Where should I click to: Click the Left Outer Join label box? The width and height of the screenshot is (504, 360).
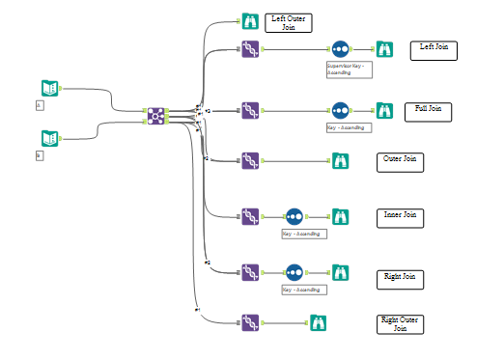[x=289, y=23]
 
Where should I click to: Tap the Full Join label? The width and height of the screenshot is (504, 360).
[x=428, y=110]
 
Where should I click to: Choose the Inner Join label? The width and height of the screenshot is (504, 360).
[x=400, y=217]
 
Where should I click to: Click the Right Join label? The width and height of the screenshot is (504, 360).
[x=400, y=279]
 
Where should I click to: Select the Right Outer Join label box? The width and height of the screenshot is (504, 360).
[x=400, y=323]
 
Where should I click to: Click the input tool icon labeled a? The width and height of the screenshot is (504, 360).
[x=49, y=88]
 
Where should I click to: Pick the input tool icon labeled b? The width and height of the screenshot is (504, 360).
[x=49, y=137]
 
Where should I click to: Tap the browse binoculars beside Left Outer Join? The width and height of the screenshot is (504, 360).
[x=250, y=20]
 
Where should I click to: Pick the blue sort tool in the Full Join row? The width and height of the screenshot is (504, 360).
[x=340, y=110]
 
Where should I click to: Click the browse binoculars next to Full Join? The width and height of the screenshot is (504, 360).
[x=384, y=110]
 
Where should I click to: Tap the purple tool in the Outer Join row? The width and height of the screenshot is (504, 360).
[x=250, y=161]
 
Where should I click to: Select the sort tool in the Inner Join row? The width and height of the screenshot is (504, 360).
[x=294, y=216]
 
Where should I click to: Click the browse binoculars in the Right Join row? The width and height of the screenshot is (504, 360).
[x=340, y=272]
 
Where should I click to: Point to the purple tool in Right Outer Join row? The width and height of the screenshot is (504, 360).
[x=250, y=321]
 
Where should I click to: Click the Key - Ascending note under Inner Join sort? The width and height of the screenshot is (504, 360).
[x=303, y=234]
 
